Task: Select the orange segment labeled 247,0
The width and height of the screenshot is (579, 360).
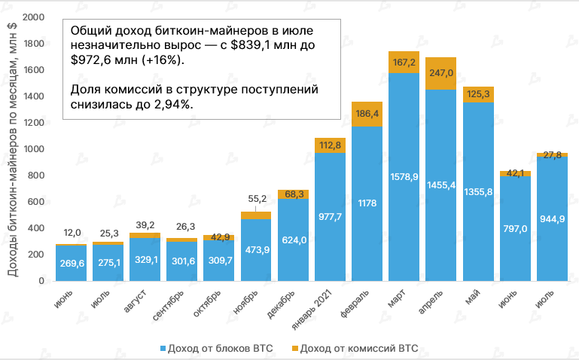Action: [440, 73]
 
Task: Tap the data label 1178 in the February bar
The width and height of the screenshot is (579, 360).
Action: [367, 203]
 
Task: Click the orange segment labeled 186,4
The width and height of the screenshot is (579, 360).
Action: [367, 114]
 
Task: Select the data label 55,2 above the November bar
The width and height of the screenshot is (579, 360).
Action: [256, 199]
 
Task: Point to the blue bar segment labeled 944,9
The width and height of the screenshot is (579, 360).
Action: [551, 218]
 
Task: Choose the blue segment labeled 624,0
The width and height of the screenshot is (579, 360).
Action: [293, 239]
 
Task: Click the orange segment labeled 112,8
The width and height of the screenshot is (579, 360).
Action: [330, 145]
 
